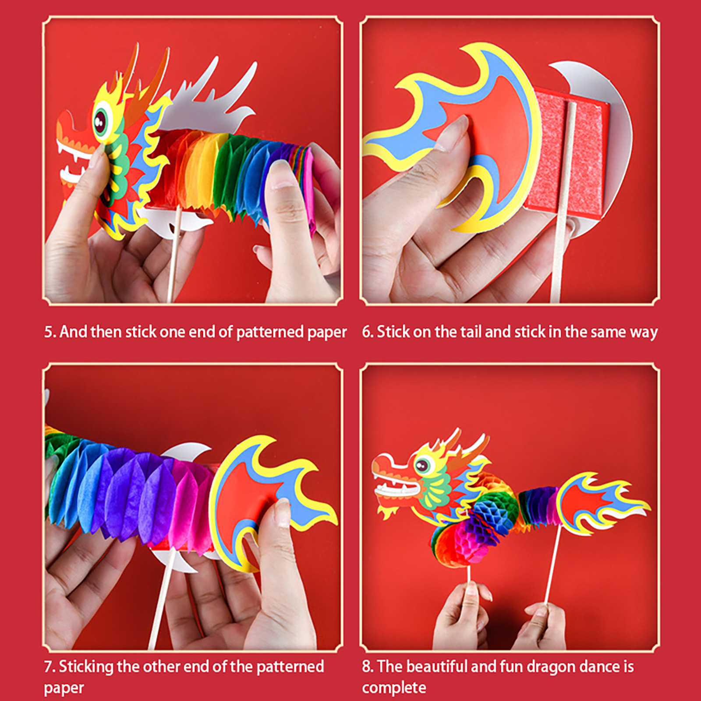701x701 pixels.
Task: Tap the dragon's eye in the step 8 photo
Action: click(x=422, y=465)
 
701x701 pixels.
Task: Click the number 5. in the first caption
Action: click(x=50, y=332)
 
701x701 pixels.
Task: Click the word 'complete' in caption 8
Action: click(x=394, y=687)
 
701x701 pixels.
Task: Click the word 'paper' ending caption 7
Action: click(x=64, y=688)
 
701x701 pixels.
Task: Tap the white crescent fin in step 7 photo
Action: click(x=186, y=451)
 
